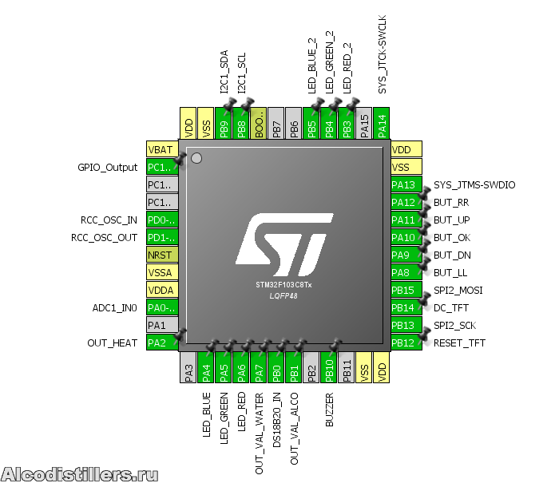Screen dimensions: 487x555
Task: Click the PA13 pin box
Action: [x=403, y=185]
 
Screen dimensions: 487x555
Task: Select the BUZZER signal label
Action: [x=329, y=410]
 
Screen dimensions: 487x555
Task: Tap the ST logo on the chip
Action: [x=281, y=240]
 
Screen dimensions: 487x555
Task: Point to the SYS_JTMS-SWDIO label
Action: [x=474, y=185]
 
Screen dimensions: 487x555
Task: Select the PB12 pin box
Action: [x=403, y=343]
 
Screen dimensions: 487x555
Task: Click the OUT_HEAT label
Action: [x=113, y=343]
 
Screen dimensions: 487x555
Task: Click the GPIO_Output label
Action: [x=108, y=168]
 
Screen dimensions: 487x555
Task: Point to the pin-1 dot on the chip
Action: [x=196, y=159]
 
